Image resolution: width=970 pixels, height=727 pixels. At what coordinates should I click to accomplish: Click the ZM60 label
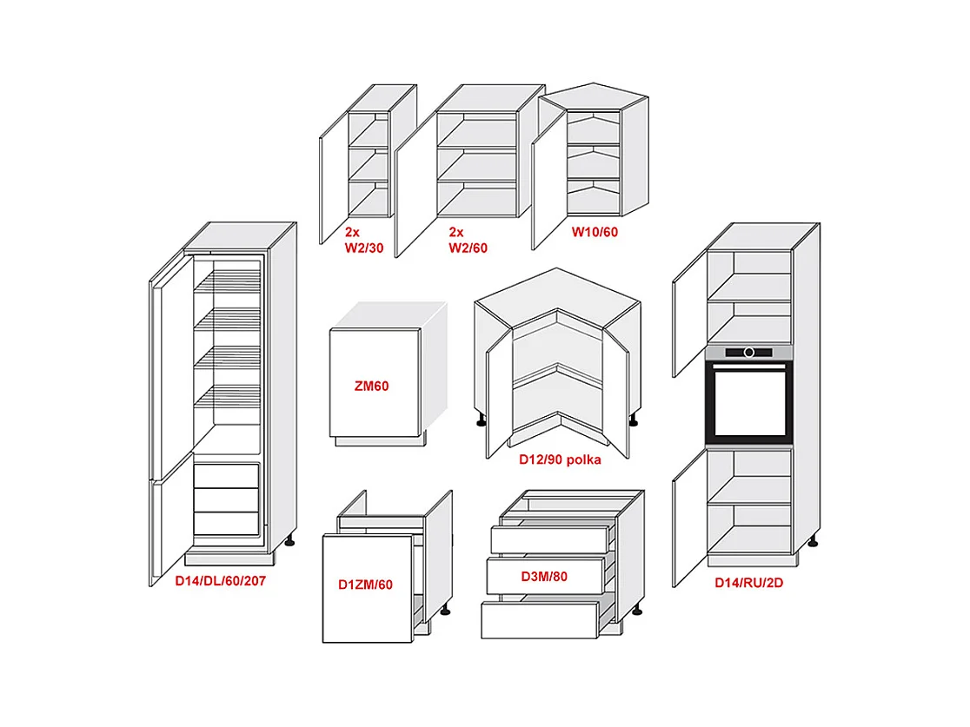point(371,387)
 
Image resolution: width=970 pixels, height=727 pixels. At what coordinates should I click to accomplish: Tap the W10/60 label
point(595,232)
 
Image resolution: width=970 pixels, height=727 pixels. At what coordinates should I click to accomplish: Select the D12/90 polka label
point(561,459)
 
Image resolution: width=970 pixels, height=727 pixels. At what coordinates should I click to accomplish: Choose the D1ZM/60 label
point(365,585)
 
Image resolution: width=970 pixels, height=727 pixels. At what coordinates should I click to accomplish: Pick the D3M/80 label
point(544,576)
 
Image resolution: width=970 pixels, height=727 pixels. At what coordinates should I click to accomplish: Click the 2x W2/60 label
point(468,240)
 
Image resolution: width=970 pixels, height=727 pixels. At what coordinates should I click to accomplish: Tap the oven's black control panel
point(749,352)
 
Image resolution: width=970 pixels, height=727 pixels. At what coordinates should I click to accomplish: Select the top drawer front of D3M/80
point(548,539)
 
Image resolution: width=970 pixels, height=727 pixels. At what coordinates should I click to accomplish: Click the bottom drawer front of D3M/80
point(539,620)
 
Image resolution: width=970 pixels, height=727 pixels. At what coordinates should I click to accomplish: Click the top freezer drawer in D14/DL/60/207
point(226,476)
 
